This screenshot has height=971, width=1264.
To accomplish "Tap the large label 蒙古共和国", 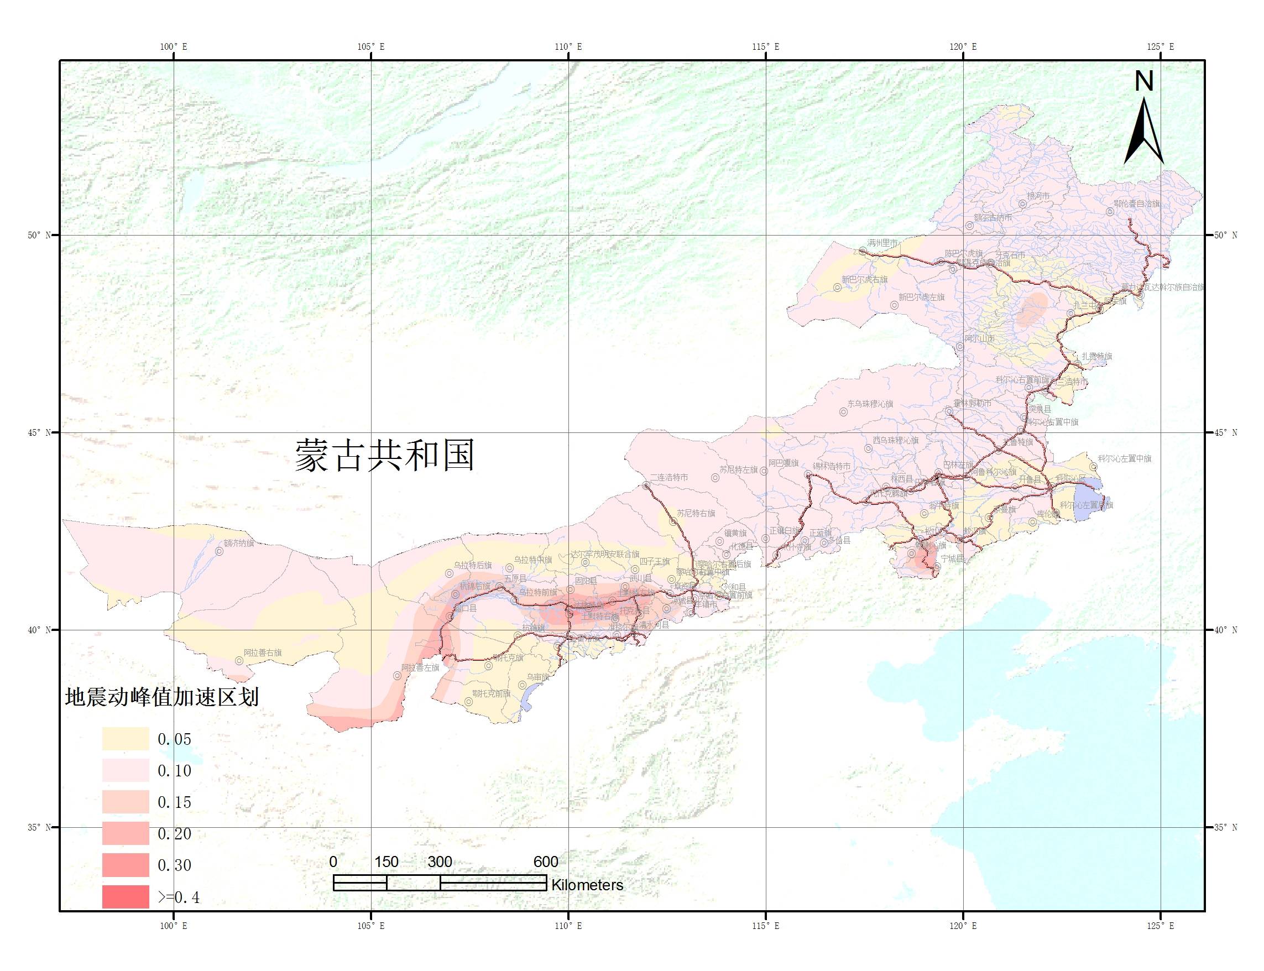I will [384, 455].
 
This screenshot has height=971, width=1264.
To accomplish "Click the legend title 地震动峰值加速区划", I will [162, 697].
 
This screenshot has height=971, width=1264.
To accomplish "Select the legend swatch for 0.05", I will [126, 739].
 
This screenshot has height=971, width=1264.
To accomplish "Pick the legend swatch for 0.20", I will [126, 833].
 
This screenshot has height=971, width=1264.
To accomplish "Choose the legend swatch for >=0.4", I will [126, 896].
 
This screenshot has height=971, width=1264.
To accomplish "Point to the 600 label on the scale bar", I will [546, 862].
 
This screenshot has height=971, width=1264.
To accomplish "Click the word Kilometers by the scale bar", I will [587, 885].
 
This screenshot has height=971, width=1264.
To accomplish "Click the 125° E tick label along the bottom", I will [1160, 926].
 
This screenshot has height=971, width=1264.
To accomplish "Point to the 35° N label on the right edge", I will [1225, 827].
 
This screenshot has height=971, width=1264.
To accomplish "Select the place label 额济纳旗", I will [238, 544].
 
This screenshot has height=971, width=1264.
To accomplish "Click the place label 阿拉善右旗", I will [263, 652].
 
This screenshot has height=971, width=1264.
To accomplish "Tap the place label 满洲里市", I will [882, 243].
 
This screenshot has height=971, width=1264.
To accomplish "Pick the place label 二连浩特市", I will [668, 477].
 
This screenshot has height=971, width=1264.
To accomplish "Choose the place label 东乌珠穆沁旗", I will [870, 404].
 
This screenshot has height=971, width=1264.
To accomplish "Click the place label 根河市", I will [1037, 196].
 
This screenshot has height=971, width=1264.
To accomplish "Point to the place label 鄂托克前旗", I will [491, 693].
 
